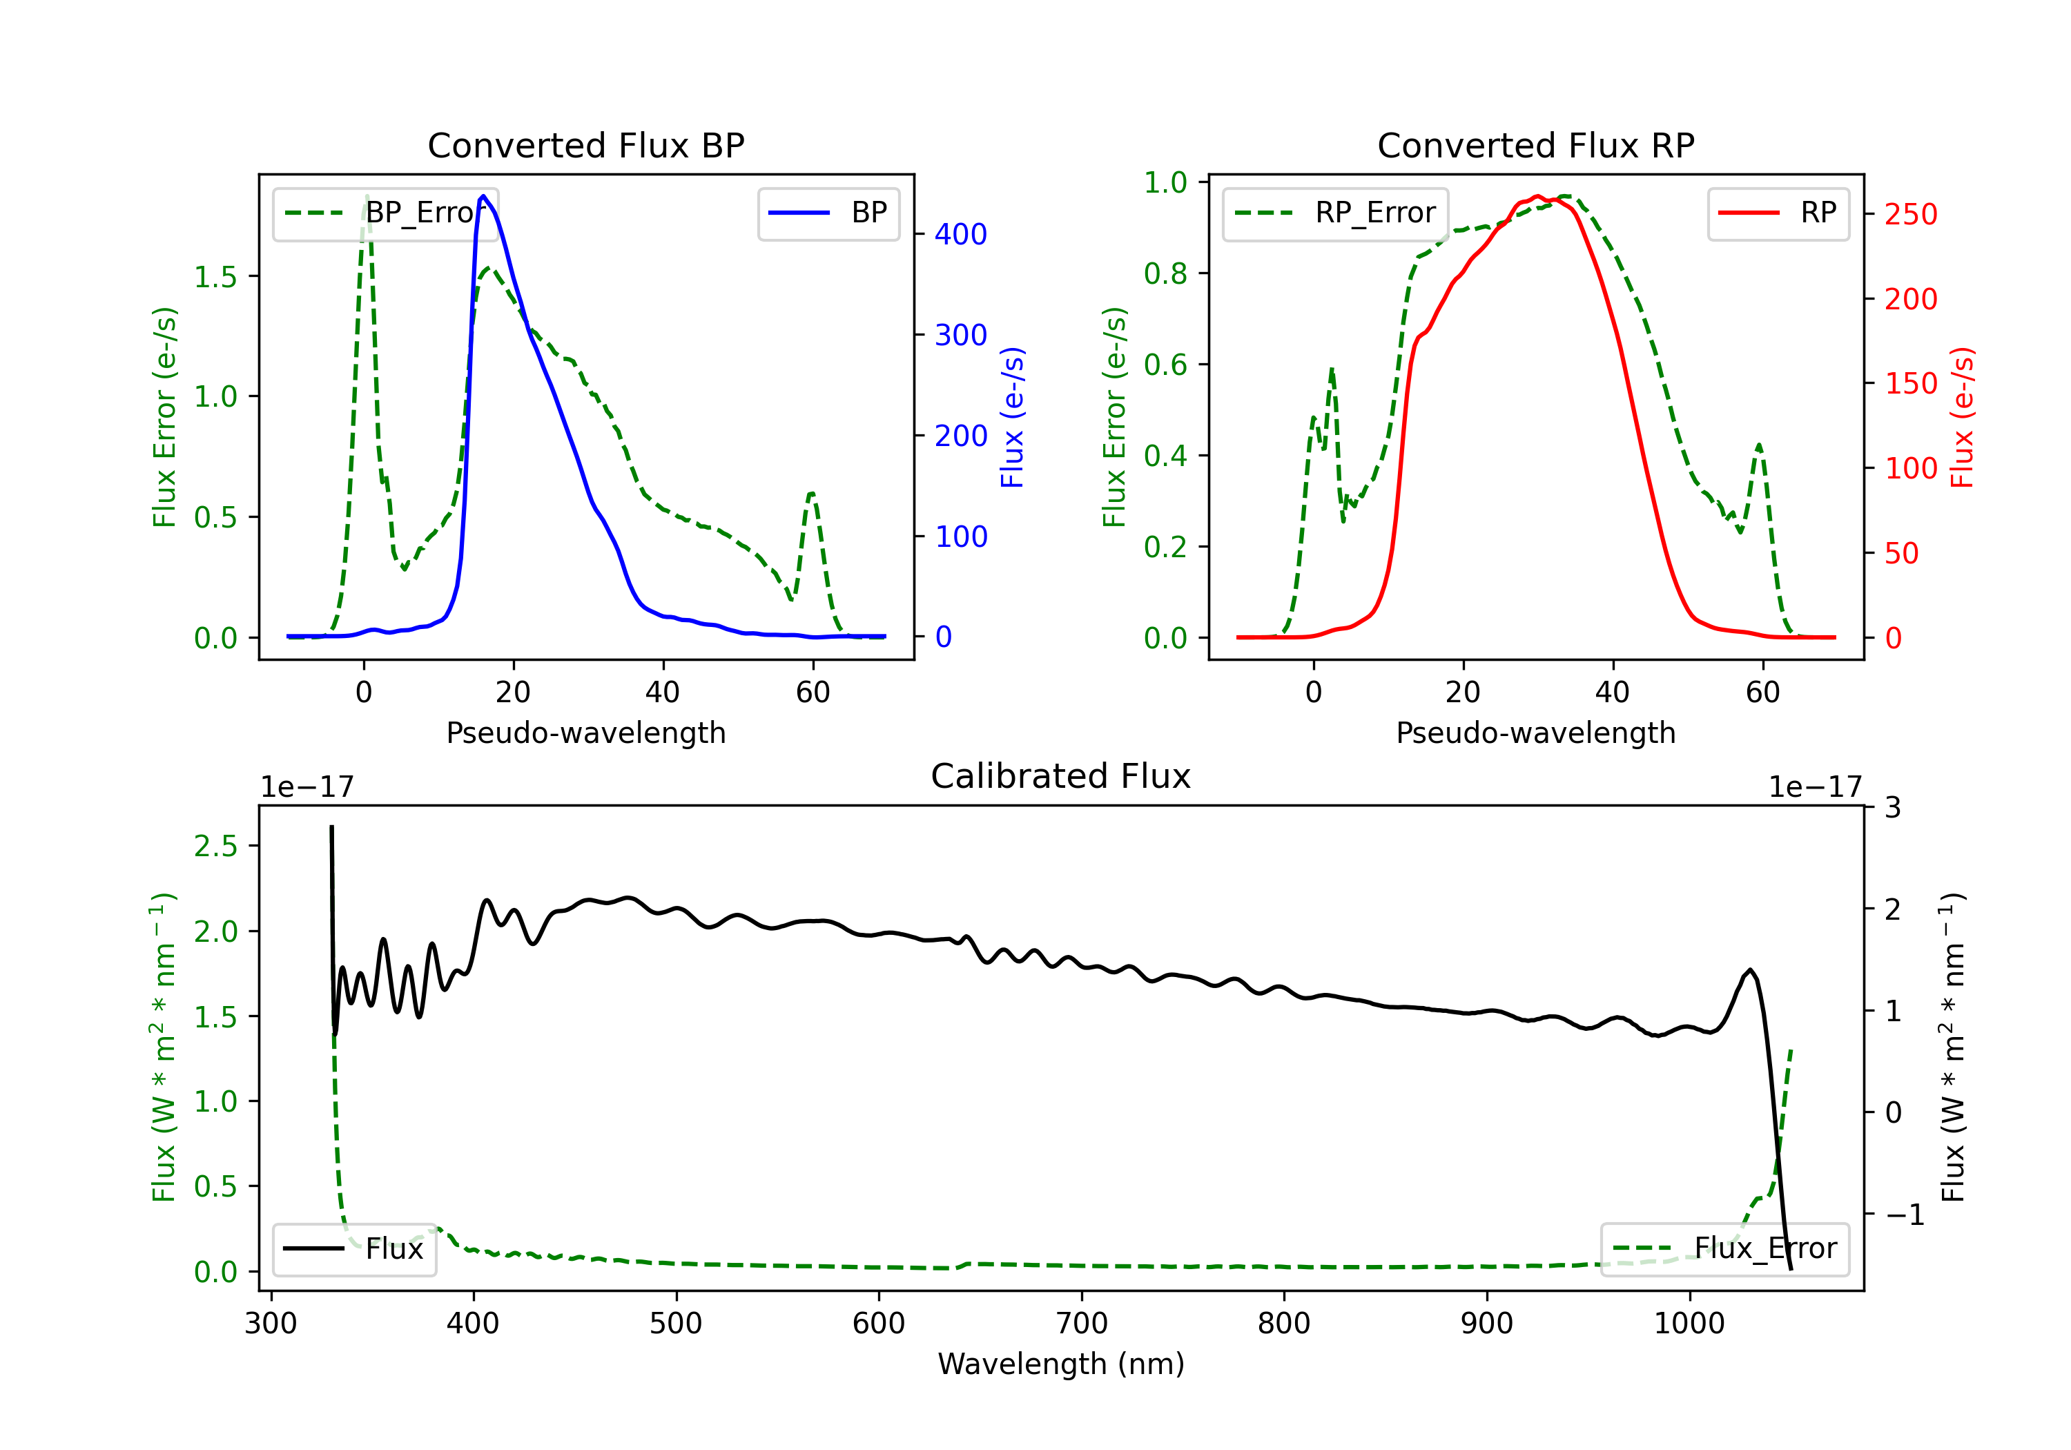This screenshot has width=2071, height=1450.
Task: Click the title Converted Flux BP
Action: pos(586,145)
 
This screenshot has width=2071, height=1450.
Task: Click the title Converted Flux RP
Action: pos(1536,145)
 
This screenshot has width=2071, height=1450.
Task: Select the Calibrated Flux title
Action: pos(1061,776)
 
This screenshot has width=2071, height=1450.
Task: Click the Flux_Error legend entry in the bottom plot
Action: pos(1724,1249)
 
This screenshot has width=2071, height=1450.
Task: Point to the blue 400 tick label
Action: pos(962,235)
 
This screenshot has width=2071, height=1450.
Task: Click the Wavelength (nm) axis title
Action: pos(1061,1364)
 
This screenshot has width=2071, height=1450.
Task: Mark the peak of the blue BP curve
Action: pos(483,196)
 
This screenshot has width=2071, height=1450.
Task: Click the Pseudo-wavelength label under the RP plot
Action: pos(1536,733)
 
